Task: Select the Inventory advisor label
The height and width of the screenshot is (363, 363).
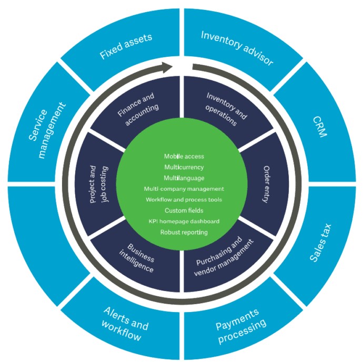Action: pos(237,48)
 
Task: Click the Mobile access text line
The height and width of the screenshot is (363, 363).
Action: pos(184,156)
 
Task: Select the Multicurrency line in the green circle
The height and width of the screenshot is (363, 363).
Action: pos(184,167)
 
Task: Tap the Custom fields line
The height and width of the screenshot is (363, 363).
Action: pos(184,210)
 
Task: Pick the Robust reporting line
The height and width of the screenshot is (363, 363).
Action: pos(184,232)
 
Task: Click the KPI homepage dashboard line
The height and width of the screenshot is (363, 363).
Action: pos(184,221)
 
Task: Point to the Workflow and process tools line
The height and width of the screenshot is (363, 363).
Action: pos(184,199)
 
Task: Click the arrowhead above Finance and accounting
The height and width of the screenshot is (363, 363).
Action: pos(167,67)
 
